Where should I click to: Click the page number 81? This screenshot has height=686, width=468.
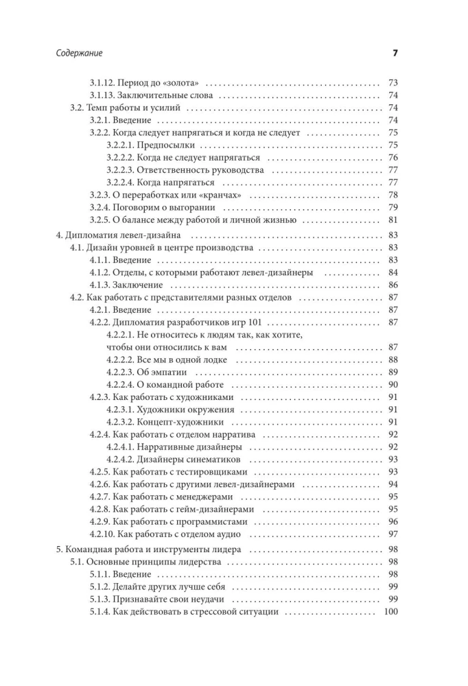pyautogui.click(x=393, y=220)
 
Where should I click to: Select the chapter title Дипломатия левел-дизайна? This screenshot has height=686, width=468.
pyautogui.click(x=123, y=235)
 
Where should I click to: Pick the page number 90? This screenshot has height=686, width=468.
pyautogui.click(x=393, y=385)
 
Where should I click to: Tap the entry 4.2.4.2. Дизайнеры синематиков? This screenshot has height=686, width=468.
pyautogui.click(x=174, y=459)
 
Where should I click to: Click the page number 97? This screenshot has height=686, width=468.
pyautogui.click(x=393, y=534)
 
